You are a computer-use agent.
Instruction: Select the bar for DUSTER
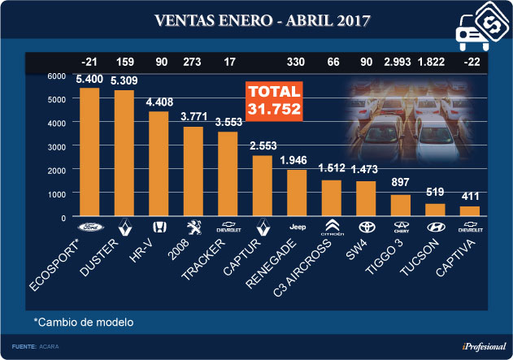pos(124,154)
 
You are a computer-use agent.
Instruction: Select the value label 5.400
pos(89,80)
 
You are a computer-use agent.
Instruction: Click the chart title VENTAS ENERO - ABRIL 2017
pos(256,19)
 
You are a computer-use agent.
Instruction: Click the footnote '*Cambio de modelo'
pos(84,322)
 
